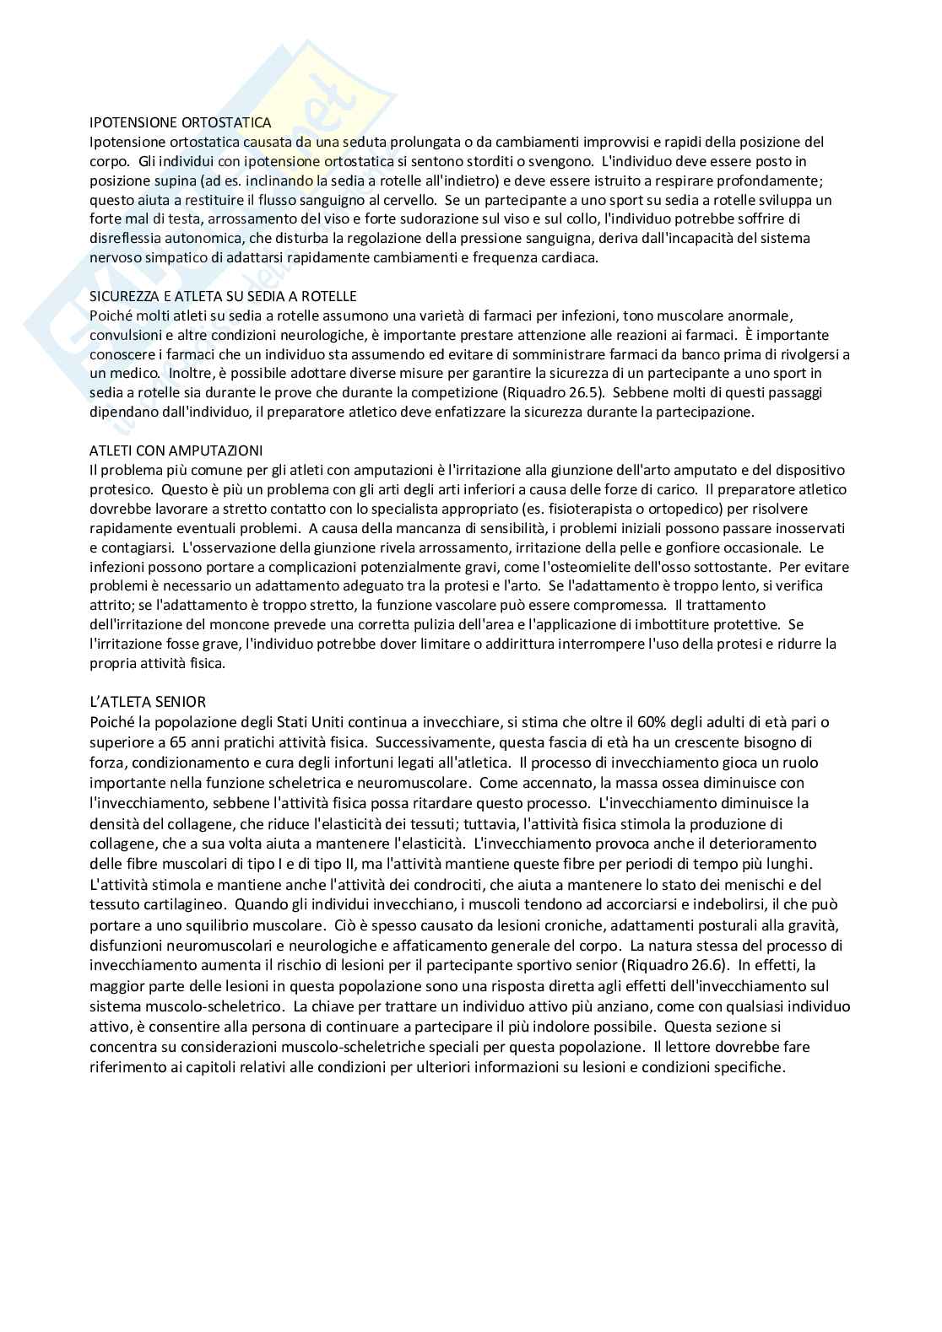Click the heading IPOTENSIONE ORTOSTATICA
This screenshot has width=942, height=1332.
pyautogui.click(x=181, y=123)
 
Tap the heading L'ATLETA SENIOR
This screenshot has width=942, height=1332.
pyautogui.click(x=148, y=702)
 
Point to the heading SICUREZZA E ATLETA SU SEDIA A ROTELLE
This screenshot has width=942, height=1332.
pyautogui.click(x=223, y=296)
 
